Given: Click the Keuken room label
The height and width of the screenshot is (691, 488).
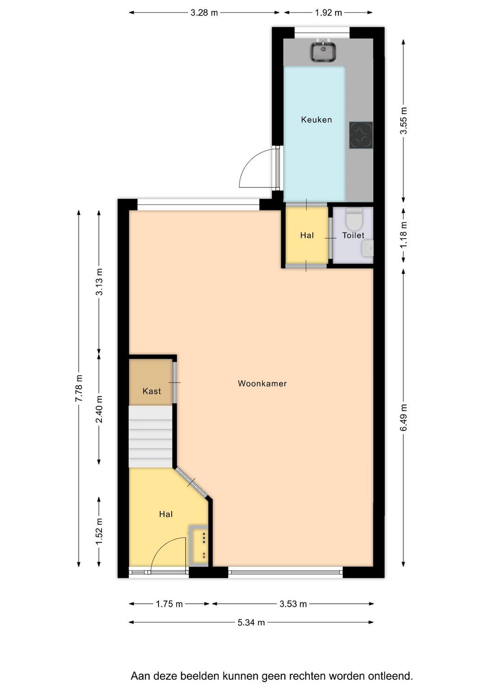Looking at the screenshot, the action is pyautogui.click(x=316, y=120).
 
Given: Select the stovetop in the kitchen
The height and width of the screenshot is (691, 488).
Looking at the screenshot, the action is pyautogui.click(x=361, y=135).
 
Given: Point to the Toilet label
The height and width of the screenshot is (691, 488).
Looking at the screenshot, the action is pyautogui.click(x=353, y=235).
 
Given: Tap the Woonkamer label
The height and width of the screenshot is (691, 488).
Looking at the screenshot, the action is pyautogui.click(x=262, y=383).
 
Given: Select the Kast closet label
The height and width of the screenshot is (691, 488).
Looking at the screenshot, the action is pyautogui.click(x=151, y=391).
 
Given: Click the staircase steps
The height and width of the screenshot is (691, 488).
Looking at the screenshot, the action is pyautogui.click(x=151, y=436).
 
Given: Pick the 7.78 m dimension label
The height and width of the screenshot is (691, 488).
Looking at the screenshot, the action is pyautogui.click(x=79, y=388).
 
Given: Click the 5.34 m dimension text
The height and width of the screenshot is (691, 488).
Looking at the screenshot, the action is pyautogui.click(x=251, y=622).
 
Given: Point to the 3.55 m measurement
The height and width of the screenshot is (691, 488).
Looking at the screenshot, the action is pyautogui.click(x=403, y=120).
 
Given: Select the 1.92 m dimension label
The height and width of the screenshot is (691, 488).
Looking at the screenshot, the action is pyautogui.click(x=328, y=13).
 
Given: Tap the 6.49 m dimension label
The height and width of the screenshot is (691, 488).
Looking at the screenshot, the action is pyautogui.click(x=403, y=417).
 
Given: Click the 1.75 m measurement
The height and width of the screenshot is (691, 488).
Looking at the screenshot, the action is pyautogui.click(x=169, y=604).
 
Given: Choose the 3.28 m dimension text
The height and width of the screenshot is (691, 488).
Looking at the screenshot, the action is pyautogui.click(x=204, y=13).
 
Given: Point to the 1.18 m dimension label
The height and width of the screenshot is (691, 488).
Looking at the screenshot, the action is pyautogui.click(x=403, y=234).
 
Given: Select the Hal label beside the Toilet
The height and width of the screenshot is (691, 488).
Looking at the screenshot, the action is pyautogui.click(x=307, y=236).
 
